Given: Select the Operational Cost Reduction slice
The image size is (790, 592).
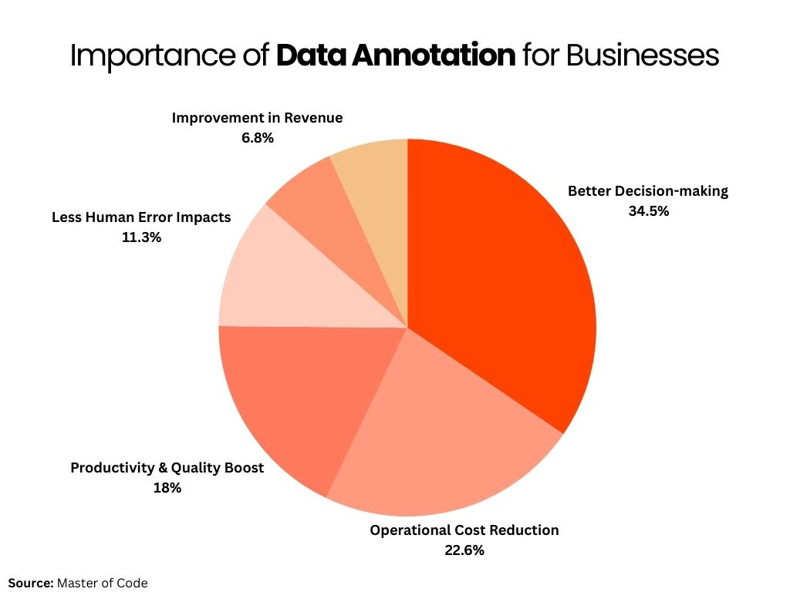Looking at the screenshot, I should (432, 432).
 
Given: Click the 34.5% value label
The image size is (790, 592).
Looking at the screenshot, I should (649, 210).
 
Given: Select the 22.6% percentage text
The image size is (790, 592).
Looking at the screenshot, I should (464, 550).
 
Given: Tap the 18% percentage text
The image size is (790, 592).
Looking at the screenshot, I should (167, 487).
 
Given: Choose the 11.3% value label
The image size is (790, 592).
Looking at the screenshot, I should (141, 237).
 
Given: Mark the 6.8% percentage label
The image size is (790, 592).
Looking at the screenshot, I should (257, 138).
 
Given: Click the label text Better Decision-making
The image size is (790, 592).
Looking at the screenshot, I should (648, 190).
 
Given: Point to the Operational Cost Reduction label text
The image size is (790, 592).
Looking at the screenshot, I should (464, 530).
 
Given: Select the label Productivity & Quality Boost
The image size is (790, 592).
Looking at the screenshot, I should (167, 468).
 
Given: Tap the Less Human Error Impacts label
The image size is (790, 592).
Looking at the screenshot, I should (141, 217).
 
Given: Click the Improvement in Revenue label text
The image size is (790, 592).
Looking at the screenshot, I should (257, 118).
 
